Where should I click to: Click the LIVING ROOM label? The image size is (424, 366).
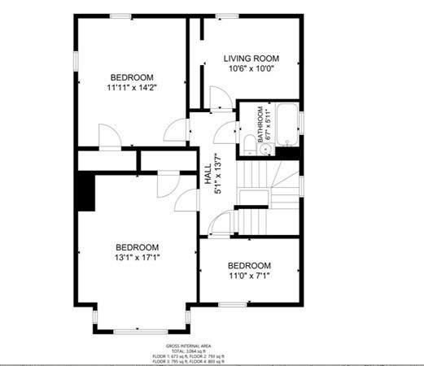pyautogui.click(x=251, y=59)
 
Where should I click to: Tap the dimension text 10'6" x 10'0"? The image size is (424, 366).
pyautogui.click(x=251, y=69)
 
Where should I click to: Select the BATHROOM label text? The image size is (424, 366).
pyautogui.click(x=261, y=125)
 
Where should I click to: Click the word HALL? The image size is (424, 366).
pyautogui.click(x=208, y=174)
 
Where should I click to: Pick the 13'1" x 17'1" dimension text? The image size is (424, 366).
pyautogui.click(x=137, y=258)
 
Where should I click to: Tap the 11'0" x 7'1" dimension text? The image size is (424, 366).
pyautogui.click(x=249, y=277)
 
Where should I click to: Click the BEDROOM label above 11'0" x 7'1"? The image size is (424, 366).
pyautogui.click(x=249, y=266)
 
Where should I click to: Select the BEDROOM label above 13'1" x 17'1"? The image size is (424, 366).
pyautogui.click(x=137, y=247)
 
